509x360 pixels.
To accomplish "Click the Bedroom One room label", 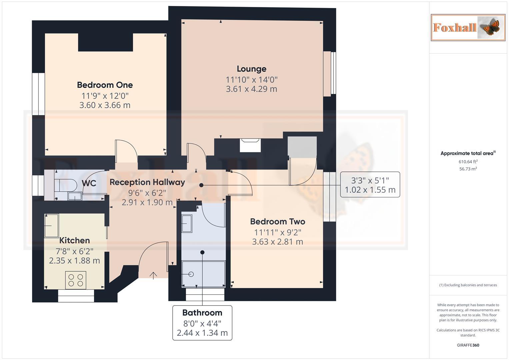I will pyautogui.click(x=105, y=85).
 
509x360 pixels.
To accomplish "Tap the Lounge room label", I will pyautogui.click(x=251, y=69).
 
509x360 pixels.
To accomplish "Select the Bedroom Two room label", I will pyautogui.click(x=277, y=222).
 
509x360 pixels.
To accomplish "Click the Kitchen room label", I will pyautogui.click(x=74, y=240).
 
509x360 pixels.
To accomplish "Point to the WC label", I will pyautogui.click(x=89, y=183).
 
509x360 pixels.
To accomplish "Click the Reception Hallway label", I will pyautogui.click(x=147, y=182).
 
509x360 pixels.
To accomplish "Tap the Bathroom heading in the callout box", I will pyautogui.click(x=202, y=313).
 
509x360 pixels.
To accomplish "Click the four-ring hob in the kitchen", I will pyautogui.click(x=76, y=280).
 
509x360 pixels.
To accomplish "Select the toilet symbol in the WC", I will pyautogui.click(x=65, y=184).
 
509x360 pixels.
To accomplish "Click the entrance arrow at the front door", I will pyautogui.click(x=153, y=275).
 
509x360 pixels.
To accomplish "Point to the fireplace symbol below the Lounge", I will pyautogui.click(x=250, y=145).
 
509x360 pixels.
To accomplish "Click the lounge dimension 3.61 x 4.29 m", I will pyautogui.click(x=251, y=89).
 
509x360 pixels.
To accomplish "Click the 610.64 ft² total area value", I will pyautogui.click(x=468, y=162).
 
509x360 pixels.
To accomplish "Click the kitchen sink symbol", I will pyautogui.click(x=51, y=226).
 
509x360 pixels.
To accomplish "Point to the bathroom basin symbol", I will pyautogui.click(x=187, y=223).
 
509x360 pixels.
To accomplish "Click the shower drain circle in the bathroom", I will pyautogui.click(x=191, y=274).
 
